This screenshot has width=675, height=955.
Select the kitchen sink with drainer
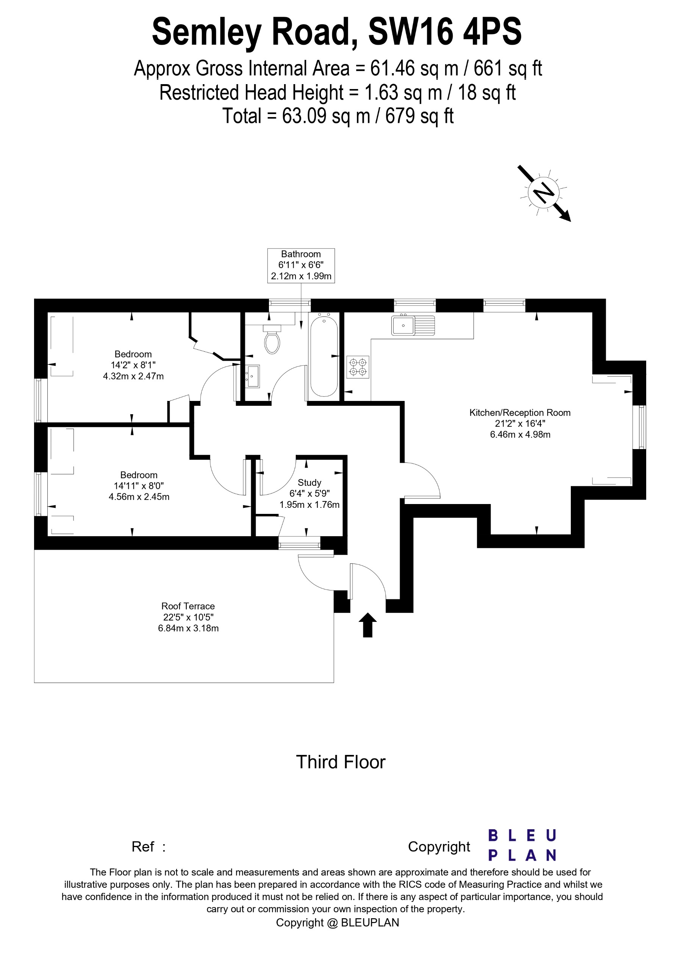click(x=412, y=325)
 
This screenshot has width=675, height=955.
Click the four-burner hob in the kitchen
click(x=358, y=367)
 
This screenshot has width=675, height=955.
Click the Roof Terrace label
click(x=188, y=606)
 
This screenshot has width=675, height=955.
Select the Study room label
click(x=309, y=482)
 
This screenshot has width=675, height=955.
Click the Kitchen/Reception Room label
click(x=520, y=413)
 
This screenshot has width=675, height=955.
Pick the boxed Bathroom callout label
click(x=301, y=265)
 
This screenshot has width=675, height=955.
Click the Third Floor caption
click(x=341, y=762)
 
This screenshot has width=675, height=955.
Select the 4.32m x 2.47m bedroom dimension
click(x=133, y=376)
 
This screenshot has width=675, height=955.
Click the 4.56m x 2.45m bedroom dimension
click(x=139, y=496)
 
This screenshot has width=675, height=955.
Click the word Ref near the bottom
click(x=143, y=847)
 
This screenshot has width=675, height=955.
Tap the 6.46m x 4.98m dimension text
click(x=520, y=435)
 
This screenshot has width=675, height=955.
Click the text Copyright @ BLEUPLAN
click(x=337, y=922)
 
